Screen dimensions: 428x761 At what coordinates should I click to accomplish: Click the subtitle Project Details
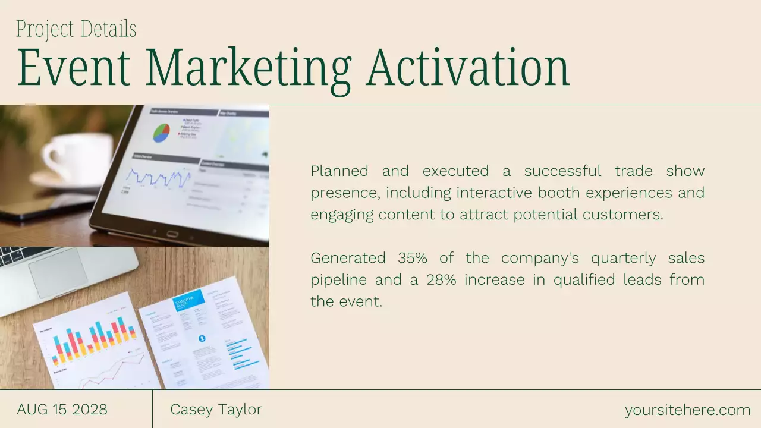pyautogui.click(x=76, y=29)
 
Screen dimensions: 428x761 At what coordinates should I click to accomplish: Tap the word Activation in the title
pyautogui.click(x=468, y=68)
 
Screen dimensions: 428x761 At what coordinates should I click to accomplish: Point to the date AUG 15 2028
pyautogui.click(x=62, y=410)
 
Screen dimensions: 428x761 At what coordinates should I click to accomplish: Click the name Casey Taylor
pyautogui.click(x=216, y=410)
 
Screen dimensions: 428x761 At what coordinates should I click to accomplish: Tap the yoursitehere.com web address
pyautogui.click(x=687, y=410)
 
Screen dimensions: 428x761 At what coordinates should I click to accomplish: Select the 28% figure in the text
pyautogui.click(x=441, y=279)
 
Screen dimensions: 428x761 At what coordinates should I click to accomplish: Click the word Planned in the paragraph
pyautogui.click(x=339, y=171)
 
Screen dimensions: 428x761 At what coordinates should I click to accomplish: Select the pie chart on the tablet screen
pyautogui.click(x=161, y=133)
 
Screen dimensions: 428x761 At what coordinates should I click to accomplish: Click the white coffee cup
pyautogui.click(x=77, y=158)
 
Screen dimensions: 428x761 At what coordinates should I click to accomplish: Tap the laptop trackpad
pyautogui.click(x=59, y=272)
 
